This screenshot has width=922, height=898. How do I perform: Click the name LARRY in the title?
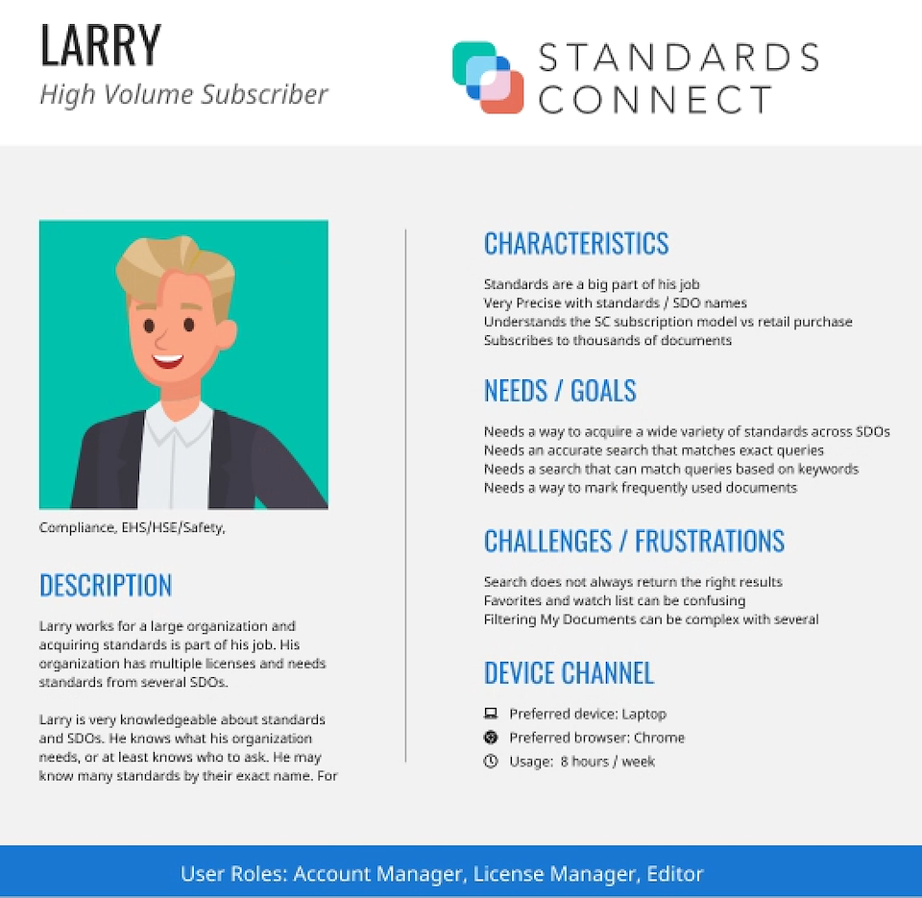tap(101, 45)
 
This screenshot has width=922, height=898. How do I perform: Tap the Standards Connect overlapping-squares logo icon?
tap(488, 77)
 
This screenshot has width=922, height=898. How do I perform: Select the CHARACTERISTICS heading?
tap(576, 243)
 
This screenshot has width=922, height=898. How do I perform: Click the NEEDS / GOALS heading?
tap(560, 391)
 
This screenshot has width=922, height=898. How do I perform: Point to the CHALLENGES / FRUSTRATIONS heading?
tap(634, 541)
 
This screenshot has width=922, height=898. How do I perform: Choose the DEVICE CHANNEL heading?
tap(569, 672)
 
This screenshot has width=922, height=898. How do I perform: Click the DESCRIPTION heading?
tap(106, 586)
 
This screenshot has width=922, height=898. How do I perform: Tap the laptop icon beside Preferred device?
tap(491, 714)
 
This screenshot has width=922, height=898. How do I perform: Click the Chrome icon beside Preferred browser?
tap(491, 737)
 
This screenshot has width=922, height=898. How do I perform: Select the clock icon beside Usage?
tap(491, 761)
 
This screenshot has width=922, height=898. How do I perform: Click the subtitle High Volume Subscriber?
tap(183, 95)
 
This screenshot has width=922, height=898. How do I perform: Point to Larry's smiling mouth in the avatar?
tap(167, 359)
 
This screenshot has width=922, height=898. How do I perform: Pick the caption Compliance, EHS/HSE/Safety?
tap(132, 527)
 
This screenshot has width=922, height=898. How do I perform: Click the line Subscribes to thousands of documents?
tap(607, 341)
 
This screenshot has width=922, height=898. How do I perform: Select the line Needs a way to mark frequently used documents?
tap(641, 488)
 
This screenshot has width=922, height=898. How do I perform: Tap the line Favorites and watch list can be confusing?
tap(615, 601)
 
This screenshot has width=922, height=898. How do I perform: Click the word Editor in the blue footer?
tap(675, 874)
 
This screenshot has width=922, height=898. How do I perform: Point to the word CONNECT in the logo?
tap(654, 99)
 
